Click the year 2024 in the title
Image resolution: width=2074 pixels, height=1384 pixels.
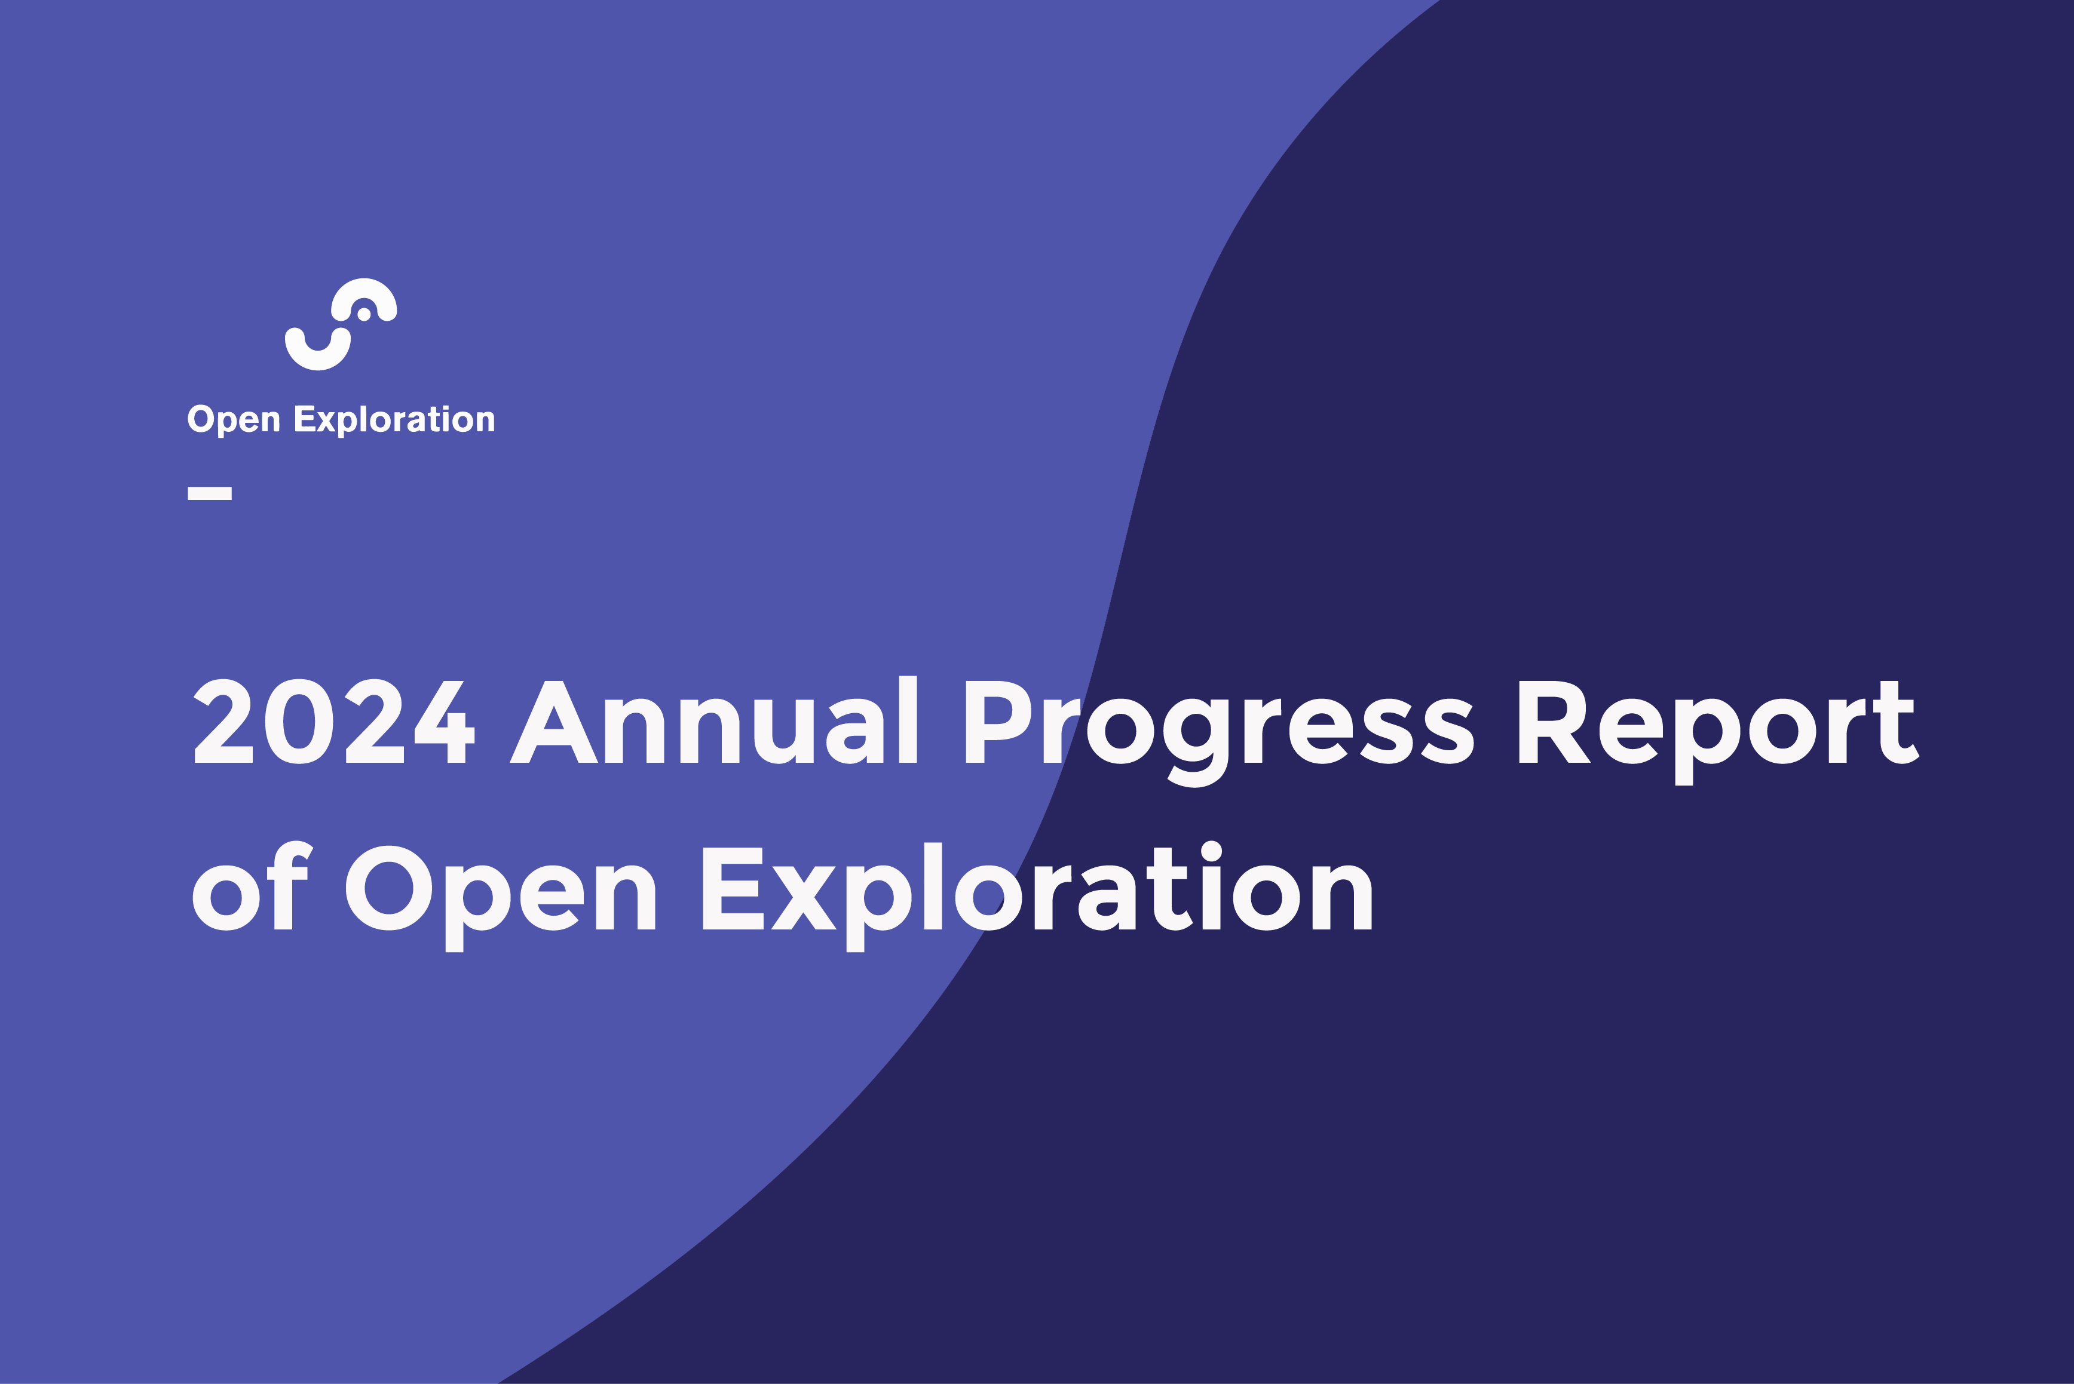click(x=335, y=721)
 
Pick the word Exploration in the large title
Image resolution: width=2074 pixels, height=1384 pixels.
click(x=1037, y=897)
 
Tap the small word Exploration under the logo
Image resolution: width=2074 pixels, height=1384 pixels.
click(x=395, y=419)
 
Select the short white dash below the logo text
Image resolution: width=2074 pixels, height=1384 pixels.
click(x=209, y=493)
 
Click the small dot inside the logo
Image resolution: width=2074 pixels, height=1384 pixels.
click(x=364, y=314)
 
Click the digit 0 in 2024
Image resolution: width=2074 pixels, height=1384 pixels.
click(x=299, y=721)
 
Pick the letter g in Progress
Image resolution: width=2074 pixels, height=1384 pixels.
click(x=1196, y=742)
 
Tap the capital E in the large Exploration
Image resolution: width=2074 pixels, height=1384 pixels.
click(x=733, y=889)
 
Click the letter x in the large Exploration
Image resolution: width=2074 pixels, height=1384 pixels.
click(x=804, y=898)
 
